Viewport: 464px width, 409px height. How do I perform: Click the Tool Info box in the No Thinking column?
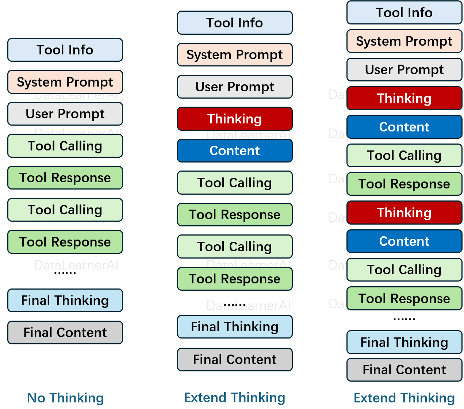[x=65, y=50]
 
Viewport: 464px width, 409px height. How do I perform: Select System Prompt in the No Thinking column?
[x=65, y=82]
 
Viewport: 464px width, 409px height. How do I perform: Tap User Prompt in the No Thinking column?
[x=65, y=114]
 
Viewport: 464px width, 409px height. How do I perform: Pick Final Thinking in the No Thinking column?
[x=65, y=301]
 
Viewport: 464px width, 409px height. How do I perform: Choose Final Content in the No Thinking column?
[x=65, y=333]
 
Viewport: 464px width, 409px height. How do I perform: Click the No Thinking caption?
[x=65, y=398]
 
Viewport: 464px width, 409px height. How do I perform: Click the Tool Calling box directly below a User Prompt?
[x=65, y=146]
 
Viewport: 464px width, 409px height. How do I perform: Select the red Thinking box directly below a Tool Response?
[x=404, y=213]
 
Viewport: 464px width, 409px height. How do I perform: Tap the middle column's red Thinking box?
[x=235, y=119]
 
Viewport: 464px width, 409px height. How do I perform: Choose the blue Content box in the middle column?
[x=235, y=151]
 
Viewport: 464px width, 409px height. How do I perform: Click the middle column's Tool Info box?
[x=235, y=23]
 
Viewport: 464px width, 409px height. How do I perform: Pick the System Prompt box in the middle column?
[x=235, y=55]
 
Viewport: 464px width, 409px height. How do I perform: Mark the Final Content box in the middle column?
[x=235, y=360]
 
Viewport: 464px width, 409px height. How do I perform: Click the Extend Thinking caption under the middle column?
[x=235, y=398]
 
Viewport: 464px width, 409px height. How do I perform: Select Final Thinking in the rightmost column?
[x=404, y=342]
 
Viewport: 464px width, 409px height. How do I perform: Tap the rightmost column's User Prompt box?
[x=404, y=70]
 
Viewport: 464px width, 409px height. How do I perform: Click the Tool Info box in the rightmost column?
[x=404, y=13]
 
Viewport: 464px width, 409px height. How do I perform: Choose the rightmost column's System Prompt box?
[x=404, y=41]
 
